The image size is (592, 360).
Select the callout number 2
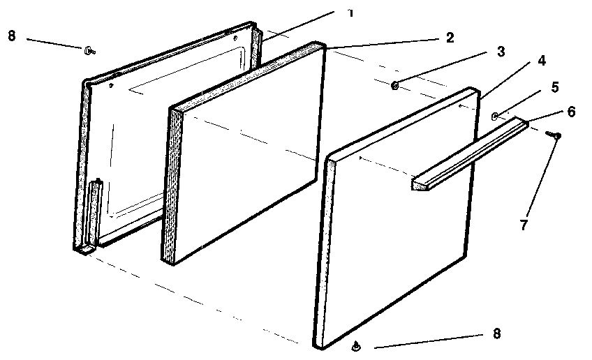pos(450,38)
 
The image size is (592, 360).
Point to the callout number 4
pos(542,61)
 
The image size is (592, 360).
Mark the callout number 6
pos(572,112)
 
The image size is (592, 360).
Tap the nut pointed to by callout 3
pos(395,86)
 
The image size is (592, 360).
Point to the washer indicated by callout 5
pos(495,116)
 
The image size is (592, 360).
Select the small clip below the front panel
pos(357,345)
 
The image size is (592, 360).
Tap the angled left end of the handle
pos(418,184)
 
